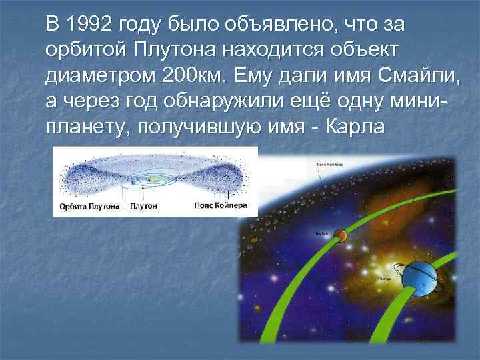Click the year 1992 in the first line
click(x=89, y=25)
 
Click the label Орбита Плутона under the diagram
click(x=89, y=206)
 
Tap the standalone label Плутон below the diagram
click(x=143, y=206)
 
